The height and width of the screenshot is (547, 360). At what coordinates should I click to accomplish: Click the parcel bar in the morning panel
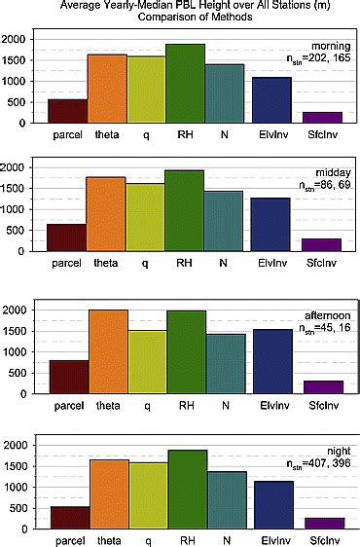[x=68, y=111]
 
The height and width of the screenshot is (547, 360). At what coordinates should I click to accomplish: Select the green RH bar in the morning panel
[x=185, y=84]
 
